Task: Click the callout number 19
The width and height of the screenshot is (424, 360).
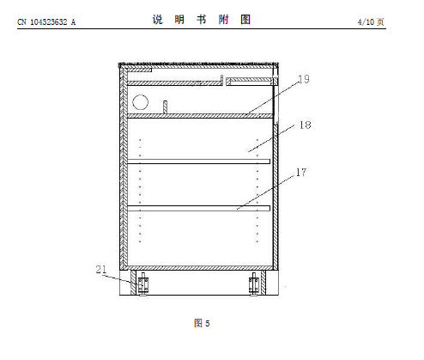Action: (304, 79)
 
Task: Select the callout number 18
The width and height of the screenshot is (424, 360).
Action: (305, 125)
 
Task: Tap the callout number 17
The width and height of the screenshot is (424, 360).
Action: (301, 172)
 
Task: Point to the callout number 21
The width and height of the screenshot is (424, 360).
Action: (101, 269)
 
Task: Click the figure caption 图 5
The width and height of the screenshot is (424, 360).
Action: (202, 323)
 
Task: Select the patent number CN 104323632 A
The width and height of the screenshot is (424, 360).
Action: (46, 22)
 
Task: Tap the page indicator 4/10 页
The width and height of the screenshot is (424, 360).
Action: (371, 22)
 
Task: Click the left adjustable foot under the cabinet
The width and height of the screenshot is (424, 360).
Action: (143, 284)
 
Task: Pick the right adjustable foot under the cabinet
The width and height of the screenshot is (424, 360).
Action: (254, 284)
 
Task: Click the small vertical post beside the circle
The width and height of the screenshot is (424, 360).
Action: (165, 107)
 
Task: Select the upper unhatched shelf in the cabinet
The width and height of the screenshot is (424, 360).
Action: (198, 162)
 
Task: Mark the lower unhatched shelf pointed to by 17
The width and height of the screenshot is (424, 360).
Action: (198, 208)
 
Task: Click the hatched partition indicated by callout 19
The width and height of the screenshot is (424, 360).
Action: (200, 116)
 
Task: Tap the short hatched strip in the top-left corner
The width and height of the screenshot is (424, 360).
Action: (139, 70)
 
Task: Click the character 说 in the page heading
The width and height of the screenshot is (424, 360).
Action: (158, 20)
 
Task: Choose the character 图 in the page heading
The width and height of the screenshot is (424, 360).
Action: (245, 20)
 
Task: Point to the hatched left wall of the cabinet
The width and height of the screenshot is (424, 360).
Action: (124, 168)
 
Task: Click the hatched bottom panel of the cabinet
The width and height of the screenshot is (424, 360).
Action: (199, 268)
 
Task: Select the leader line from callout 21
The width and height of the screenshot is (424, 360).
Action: (118, 278)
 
